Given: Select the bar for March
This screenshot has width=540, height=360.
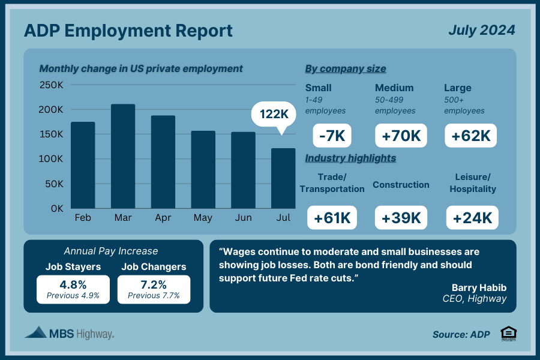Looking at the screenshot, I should click(123, 156).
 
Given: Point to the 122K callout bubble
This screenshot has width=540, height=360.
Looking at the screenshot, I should click(274, 113).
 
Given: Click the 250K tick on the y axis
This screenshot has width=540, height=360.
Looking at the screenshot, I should click(52, 85).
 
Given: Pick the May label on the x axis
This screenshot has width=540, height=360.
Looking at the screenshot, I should click(203, 218).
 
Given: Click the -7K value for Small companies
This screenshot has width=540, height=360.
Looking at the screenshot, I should click(332, 136).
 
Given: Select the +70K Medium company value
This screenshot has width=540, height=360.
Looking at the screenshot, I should click(401, 136).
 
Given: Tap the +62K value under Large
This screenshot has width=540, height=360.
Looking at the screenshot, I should click(471, 136).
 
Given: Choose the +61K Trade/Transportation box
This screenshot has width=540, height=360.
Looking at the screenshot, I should click(332, 218).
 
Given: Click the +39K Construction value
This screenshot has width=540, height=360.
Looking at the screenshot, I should click(401, 218).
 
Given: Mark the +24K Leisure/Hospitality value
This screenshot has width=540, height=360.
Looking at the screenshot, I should click(472, 218).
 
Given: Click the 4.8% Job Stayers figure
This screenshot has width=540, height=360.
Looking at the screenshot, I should click(73, 284).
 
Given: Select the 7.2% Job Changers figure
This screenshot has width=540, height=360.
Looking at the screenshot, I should click(154, 284).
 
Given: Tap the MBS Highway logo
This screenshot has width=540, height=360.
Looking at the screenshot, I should click(70, 333).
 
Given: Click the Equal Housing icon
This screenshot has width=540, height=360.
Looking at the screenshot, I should click(507, 334).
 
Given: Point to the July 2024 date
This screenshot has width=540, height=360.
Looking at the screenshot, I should click(481, 30).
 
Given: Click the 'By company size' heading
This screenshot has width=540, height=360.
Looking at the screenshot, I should click(346, 68).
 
